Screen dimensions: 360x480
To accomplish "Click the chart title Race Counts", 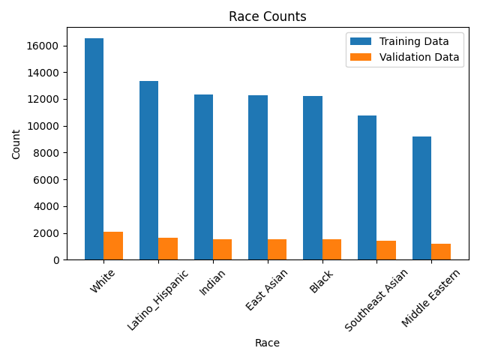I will [x=267, y=16].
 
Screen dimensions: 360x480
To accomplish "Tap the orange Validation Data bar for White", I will [x=113, y=246].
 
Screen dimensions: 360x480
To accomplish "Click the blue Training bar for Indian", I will [x=203, y=177].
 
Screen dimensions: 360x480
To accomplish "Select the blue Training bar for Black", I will [x=313, y=178].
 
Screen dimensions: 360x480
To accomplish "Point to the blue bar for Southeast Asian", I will [x=367, y=187].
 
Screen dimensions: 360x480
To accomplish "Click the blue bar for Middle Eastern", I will [x=421, y=198].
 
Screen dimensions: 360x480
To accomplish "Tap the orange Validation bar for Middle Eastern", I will [x=441, y=252].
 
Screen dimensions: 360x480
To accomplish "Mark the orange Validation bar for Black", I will [x=331, y=250].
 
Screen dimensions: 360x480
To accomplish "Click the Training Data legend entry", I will [x=404, y=41].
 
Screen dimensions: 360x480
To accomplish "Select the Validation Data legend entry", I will [x=404, y=57].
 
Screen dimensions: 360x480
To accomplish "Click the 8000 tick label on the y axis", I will [x=49, y=153].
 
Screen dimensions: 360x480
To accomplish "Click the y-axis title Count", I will [x=16, y=144].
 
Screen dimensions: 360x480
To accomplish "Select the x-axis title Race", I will [x=267, y=343].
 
